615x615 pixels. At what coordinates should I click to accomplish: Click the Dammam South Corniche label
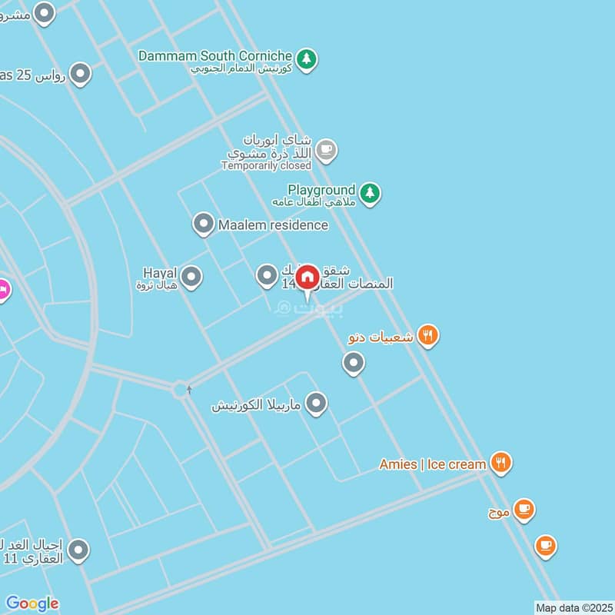point(215,56)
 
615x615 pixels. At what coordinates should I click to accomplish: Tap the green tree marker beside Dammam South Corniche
point(307,58)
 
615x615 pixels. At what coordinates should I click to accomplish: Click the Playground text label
point(321,189)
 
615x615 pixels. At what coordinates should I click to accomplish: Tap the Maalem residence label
point(273,225)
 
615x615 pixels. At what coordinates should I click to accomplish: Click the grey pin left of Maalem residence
point(203,224)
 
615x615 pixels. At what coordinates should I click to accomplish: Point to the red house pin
point(307,278)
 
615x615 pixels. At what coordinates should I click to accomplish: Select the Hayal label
point(160,273)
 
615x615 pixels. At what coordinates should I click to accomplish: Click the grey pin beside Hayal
point(191,278)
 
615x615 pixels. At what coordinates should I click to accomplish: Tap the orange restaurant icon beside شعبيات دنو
point(428,335)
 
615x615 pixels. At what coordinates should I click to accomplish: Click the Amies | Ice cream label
point(433,464)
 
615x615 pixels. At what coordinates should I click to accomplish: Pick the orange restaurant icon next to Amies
point(501,463)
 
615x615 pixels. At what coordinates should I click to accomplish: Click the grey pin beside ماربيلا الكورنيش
point(316,403)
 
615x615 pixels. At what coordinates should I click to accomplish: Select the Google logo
point(32,603)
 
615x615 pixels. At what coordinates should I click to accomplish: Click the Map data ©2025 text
point(573,607)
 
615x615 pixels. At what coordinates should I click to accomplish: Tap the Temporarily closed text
point(266,165)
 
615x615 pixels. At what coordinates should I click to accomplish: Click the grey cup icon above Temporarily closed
point(326,150)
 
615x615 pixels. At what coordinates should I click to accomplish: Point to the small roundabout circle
point(181,390)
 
